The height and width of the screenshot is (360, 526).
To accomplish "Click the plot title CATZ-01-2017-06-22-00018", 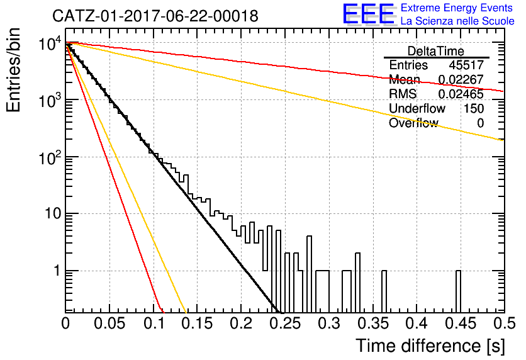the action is (155, 16).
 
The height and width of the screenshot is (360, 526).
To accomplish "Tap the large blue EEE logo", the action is (369, 14).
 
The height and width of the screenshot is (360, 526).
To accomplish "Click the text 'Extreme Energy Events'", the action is (457, 8).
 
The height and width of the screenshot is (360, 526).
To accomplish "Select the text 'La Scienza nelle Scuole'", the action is (457, 21).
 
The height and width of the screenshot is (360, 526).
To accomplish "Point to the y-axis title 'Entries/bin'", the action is (13, 70).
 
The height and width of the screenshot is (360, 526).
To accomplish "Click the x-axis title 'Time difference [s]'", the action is (430, 346).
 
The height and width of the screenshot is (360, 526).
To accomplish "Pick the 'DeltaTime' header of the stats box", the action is (435, 51).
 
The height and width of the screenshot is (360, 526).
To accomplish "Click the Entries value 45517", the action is (466, 65).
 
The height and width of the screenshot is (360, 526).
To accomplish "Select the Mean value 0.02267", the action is (461, 79).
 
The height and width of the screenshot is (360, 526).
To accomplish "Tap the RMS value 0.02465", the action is (461, 94).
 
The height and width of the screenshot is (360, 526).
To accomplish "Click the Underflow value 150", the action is (474, 108).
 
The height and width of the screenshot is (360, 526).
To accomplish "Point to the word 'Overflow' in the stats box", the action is (413, 123).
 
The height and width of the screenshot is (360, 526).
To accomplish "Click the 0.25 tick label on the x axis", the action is (285, 323).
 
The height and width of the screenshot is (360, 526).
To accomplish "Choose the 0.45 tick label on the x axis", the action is (461, 323).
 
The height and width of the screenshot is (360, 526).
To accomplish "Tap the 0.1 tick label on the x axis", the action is (154, 323).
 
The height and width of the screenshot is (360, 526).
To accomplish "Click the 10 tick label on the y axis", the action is (53, 214).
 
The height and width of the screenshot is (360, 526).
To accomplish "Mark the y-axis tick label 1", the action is (57, 271).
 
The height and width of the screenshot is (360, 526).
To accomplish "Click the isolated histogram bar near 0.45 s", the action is (458, 291).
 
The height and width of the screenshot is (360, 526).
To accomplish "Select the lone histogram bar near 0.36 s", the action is (384, 291).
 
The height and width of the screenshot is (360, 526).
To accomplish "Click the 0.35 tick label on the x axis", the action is (372, 323).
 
